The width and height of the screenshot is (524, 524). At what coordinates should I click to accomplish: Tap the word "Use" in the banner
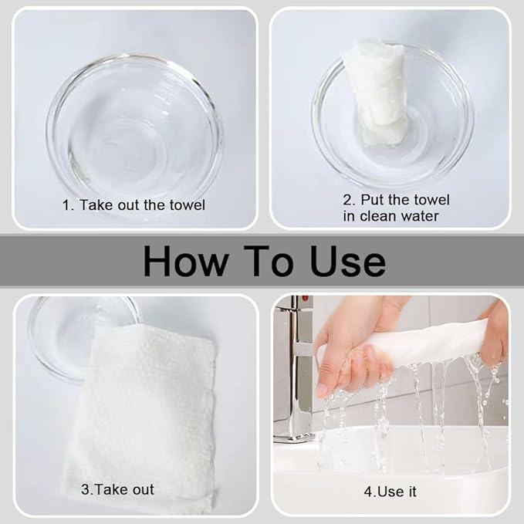347,261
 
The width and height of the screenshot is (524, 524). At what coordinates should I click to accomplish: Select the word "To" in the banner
269,261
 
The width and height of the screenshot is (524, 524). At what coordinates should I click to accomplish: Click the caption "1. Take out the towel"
134,205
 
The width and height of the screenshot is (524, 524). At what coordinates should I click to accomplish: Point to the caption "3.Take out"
117,489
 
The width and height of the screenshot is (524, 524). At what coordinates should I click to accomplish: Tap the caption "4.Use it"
390,492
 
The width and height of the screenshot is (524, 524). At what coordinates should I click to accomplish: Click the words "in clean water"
390,216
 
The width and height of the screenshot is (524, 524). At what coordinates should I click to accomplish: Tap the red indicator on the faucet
305,298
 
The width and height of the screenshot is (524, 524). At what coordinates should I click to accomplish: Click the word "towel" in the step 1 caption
188,205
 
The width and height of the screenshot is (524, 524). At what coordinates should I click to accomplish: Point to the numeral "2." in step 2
350,200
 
